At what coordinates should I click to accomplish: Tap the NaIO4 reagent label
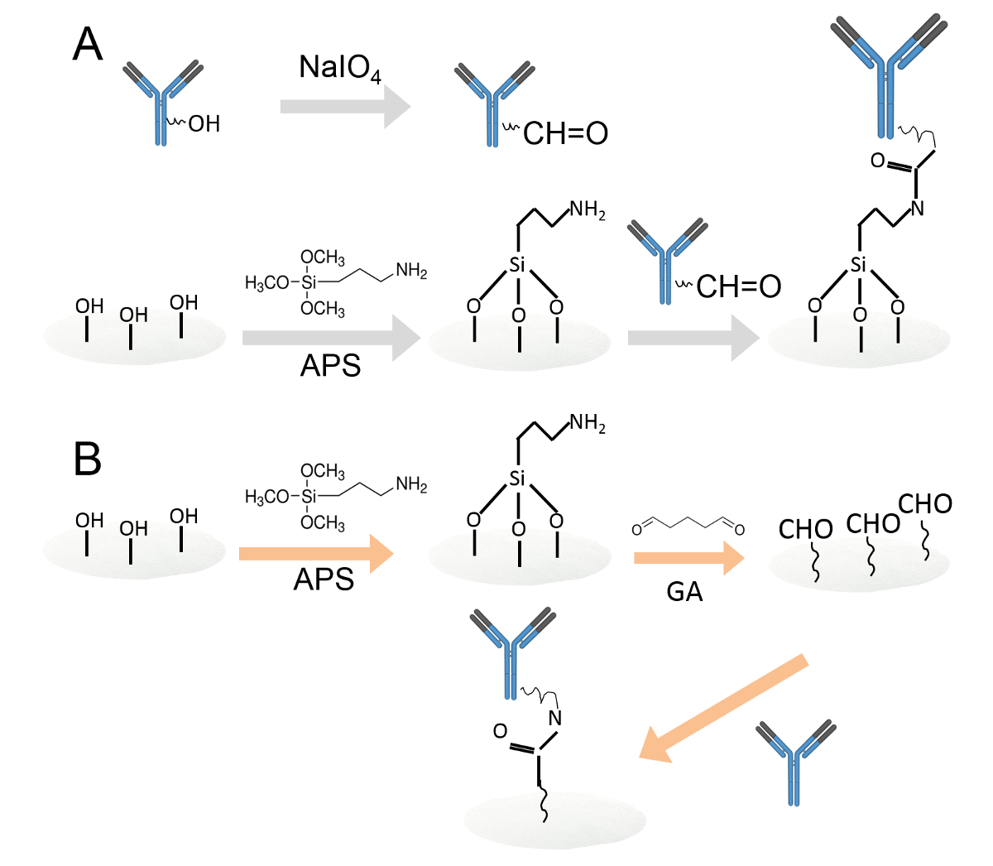[339, 68]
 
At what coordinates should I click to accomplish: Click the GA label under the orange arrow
[684, 591]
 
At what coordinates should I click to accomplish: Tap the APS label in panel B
[324, 579]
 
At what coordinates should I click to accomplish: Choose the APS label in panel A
[330, 364]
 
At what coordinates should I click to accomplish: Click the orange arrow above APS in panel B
[315, 553]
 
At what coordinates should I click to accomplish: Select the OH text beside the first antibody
[204, 124]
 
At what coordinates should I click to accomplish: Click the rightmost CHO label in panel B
[924, 503]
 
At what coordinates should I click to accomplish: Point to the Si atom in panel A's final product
[858, 265]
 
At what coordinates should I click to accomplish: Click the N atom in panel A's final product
[917, 208]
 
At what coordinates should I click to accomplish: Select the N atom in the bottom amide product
[555, 718]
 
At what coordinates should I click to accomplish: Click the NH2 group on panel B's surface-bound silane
[588, 424]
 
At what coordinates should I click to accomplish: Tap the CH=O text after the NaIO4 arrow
[565, 132]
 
